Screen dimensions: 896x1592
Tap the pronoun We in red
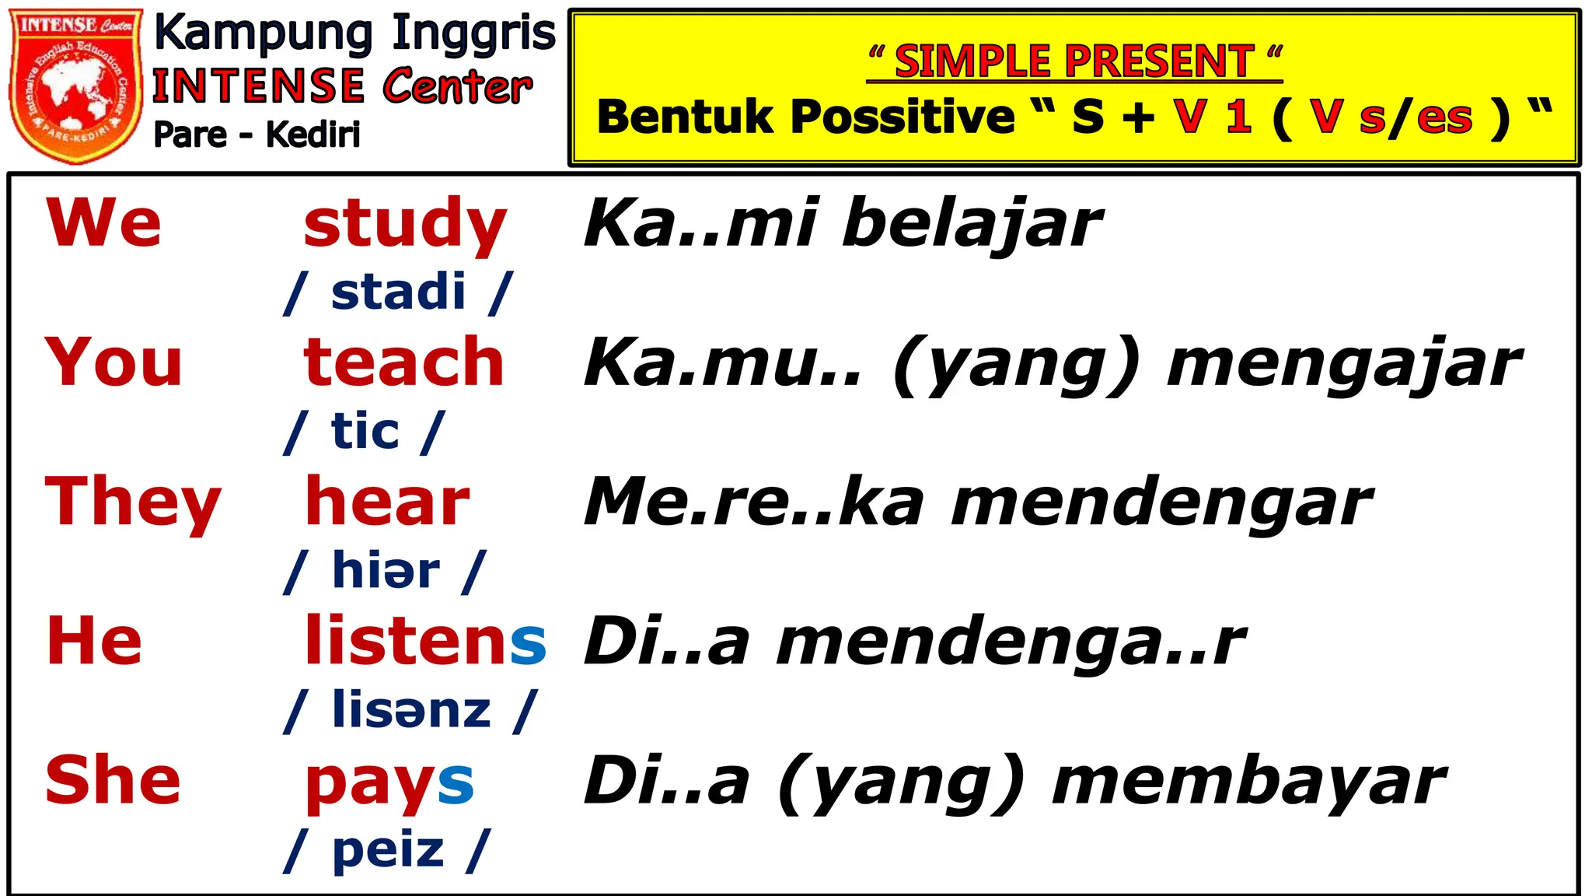pyautogui.click(x=103, y=223)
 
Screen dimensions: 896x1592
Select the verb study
pyautogui.click(x=405, y=225)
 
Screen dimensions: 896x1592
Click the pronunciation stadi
pyautogui.click(x=398, y=292)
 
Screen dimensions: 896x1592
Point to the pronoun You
pyautogui.click(x=113, y=362)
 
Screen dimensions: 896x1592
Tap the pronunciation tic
pyautogui.click(x=365, y=432)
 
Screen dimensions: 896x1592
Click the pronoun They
pyautogui.click(x=133, y=503)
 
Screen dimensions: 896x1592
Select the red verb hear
pyautogui.click(x=387, y=502)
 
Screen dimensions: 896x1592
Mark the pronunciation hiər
pyautogui.click(x=386, y=571)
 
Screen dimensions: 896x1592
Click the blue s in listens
pyautogui.click(x=529, y=643)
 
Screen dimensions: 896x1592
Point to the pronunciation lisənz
pyautogui.click(x=411, y=710)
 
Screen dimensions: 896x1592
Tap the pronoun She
pyautogui.click(x=113, y=780)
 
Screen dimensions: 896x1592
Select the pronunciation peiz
pyautogui.click(x=388, y=849)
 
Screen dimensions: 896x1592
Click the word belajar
pyautogui.click(x=972, y=225)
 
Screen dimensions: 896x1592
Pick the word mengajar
pyautogui.click(x=1344, y=366)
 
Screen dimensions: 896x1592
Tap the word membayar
pyautogui.click(x=1248, y=782)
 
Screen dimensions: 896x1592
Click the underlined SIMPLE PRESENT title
pyautogui.click(x=1074, y=61)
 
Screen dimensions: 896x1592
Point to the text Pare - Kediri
pyautogui.click(x=257, y=135)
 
